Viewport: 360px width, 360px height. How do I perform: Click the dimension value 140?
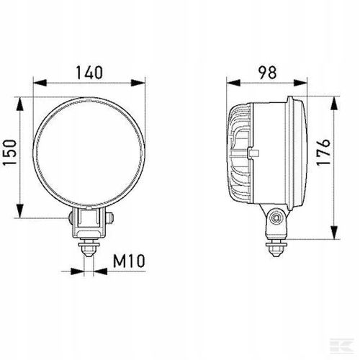[x=89, y=72]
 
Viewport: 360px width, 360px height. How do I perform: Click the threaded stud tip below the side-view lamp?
[x=275, y=250]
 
